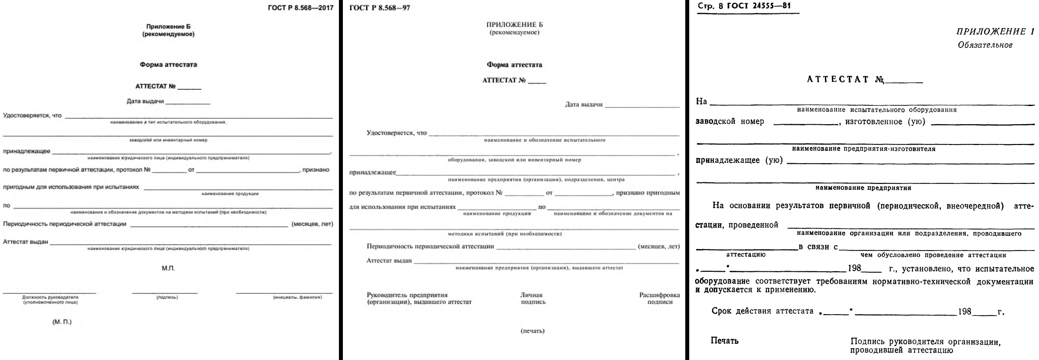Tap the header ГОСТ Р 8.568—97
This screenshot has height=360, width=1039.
(x=379, y=8)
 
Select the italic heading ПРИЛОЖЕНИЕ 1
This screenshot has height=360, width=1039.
(x=995, y=32)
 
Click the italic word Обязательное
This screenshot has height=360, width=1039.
(x=985, y=45)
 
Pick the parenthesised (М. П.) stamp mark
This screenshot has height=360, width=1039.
(x=62, y=322)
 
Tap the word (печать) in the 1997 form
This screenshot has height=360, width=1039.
(x=532, y=331)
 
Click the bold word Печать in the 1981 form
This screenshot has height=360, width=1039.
(x=724, y=341)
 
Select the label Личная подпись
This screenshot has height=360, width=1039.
(x=532, y=298)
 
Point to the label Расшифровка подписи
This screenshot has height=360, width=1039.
(x=660, y=298)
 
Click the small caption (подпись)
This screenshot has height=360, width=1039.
(x=167, y=297)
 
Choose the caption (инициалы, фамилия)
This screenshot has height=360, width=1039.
(x=297, y=297)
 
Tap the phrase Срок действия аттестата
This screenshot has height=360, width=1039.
(x=762, y=312)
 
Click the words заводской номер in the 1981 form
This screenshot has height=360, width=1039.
(x=730, y=122)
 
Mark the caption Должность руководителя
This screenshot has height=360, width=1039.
(x=50, y=297)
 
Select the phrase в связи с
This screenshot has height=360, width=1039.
(x=817, y=247)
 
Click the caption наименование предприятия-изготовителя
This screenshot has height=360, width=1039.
(x=863, y=149)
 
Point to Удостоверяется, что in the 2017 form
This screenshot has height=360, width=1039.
(x=32, y=115)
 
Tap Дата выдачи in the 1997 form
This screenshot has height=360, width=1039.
(x=584, y=105)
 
